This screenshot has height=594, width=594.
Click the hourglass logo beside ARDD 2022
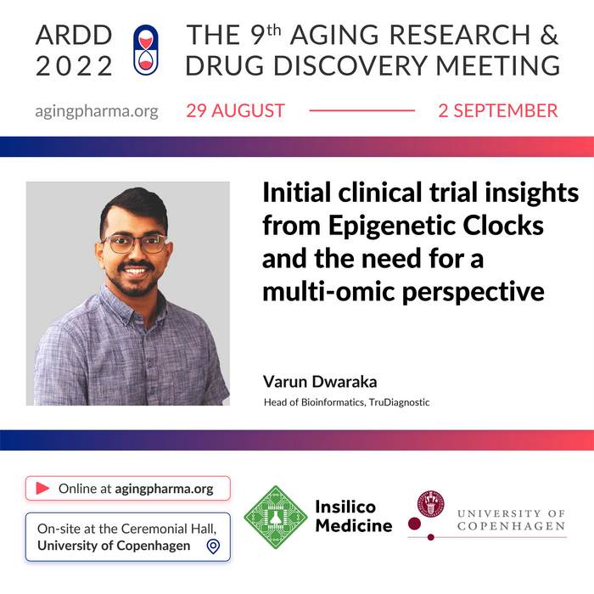[x=147, y=50]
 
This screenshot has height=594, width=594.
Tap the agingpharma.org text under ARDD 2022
[x=97, y=111]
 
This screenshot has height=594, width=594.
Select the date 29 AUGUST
[x=236, y=111]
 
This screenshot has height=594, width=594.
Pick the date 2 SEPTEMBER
[x=498, y=111]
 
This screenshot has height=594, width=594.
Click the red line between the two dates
[x=361, y=111]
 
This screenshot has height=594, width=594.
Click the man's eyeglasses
[x=134, y=244]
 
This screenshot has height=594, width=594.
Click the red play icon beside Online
[x=42, y=489]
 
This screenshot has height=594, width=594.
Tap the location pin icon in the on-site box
[x=213, y=546]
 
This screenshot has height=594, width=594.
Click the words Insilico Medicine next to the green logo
[x=353, y=516]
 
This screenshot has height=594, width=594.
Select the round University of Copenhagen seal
[x=431, y=504]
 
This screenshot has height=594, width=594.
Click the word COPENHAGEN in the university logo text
[x=511, y=528]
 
